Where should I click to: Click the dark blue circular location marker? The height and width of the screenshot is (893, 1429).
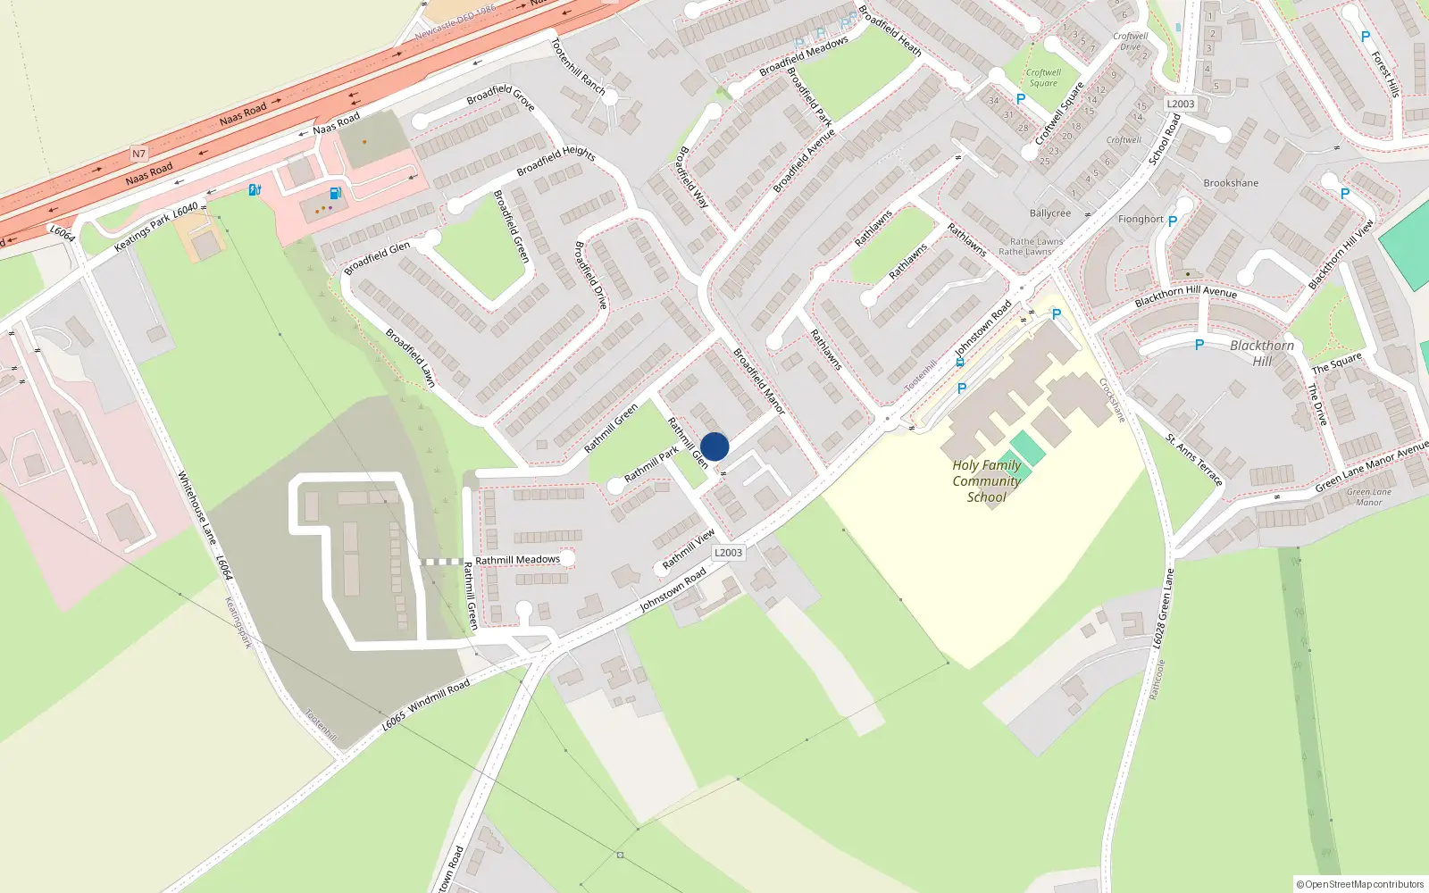714,446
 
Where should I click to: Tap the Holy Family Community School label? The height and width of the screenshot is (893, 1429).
986,481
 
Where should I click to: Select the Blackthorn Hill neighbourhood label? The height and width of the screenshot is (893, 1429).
1261,353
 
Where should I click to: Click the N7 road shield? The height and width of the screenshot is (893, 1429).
138,154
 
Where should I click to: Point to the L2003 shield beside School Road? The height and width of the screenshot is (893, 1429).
1180,104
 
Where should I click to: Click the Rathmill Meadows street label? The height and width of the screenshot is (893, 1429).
517,560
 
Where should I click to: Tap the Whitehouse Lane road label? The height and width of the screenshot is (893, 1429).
197,507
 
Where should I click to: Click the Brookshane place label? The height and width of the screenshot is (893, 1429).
1231,183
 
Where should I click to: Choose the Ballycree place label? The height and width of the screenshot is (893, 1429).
1049,213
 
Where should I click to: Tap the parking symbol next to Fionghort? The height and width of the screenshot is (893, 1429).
1173,221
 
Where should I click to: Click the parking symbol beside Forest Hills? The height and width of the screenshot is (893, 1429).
1365,37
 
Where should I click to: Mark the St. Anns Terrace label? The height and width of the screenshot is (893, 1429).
1194,459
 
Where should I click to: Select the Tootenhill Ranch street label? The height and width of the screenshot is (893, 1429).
578,66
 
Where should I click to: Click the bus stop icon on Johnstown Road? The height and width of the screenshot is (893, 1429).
960,363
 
